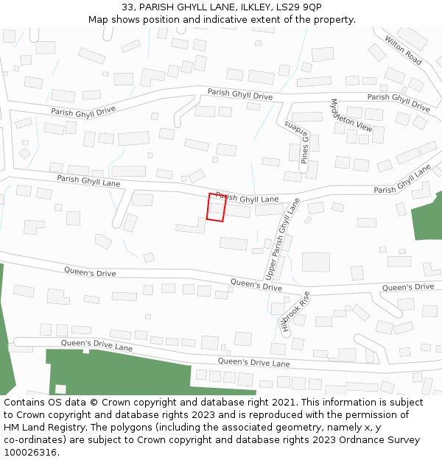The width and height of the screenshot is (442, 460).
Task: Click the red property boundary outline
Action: (x=216, y=207)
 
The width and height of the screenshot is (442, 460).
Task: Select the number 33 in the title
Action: (x=129, y=7)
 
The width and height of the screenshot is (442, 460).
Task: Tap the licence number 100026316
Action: (x=30, y=453)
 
